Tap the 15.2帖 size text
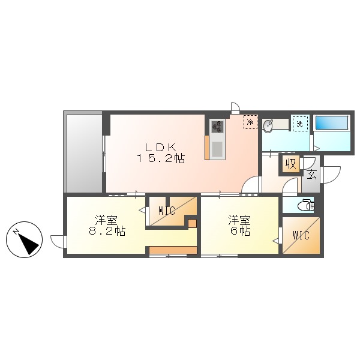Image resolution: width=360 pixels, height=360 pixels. (x=159, y=159)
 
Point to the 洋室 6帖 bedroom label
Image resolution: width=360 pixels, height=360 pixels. (x=239, y=225)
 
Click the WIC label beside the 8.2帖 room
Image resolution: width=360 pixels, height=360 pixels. (x=167, y=211)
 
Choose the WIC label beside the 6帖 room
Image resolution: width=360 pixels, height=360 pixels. (x=301, y=235)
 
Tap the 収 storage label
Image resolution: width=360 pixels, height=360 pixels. (x=292, y=164)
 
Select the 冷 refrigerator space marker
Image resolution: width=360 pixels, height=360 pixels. (x=249, y=122)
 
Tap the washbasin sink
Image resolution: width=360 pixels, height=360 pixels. (x=268, y=125)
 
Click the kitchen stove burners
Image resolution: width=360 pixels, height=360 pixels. (x=217, y=127)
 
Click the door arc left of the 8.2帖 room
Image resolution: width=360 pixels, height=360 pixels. (x=58, y=241)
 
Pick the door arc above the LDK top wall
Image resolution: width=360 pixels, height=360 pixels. (x=235, y=108)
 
